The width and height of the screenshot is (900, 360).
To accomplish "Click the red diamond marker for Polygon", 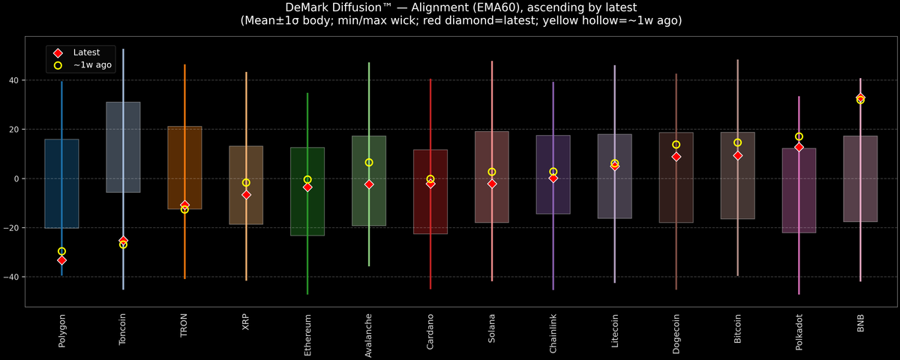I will click(61, 260).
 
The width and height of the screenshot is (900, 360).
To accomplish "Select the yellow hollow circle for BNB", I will click(860, 100).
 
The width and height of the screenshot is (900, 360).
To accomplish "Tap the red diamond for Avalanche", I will click(369, 184).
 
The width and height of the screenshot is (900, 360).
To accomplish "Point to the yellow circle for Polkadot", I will click(799, 136).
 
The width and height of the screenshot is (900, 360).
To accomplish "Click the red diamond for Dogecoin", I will click(676, 157).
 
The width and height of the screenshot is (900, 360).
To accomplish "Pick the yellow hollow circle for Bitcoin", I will click(738, 142).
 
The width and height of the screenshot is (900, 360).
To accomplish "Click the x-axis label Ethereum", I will click(307, 334).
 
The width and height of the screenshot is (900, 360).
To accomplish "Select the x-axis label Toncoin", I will click(123, 329).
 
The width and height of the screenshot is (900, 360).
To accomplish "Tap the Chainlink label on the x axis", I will click(553, 334).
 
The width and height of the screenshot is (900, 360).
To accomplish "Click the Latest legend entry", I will click(85, 52).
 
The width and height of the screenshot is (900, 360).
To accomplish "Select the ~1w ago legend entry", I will click(91, 65).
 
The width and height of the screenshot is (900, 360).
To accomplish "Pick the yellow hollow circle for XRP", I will click(246, 182).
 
